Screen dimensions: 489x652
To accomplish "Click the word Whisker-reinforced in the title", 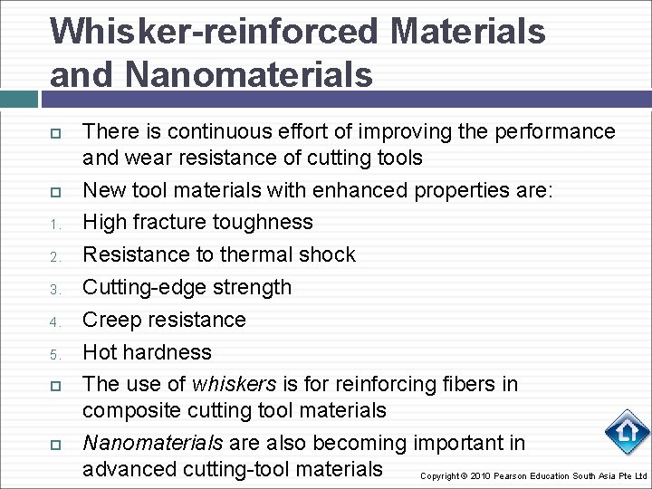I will tap(214, 32).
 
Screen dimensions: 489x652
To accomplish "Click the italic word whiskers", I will tap(229, 384).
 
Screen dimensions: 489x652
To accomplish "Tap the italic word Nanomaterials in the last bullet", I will tap(152, 443).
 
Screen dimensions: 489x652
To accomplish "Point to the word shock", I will tap(326, 254).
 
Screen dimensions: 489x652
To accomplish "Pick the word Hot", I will tap(100, 352).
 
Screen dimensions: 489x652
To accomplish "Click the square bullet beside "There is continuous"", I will tap(55, 133).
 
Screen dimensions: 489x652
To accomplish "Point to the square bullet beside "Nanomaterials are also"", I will tap(55, 445).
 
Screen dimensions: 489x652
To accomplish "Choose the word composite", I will tap(131, 410).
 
